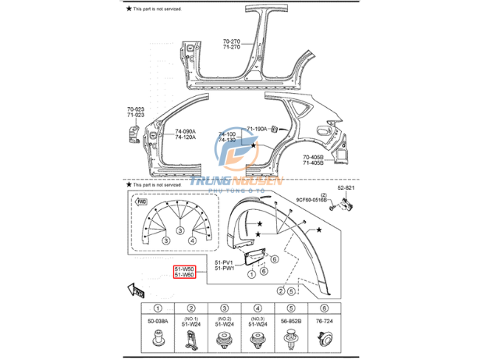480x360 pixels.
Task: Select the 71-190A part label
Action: pyautogui.click(x=257, y=129)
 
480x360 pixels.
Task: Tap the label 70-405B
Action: pyautogui.click(x=313, y=157)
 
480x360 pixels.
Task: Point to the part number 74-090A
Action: pyautogui.click(x=185, y=132)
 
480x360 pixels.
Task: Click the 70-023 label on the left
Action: pyautogui.click(x=135, y=109)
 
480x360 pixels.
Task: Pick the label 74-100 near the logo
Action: pyautogui.click(x=227, y=135)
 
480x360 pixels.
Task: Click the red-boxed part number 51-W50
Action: pyautogui.click(x=184, y=269)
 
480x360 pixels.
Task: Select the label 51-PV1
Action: pyautogui.click(x=224, y=262)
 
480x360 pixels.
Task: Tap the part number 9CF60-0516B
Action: pyautogui.click(x=311, y=200)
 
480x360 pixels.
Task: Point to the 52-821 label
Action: pyautogui.click(x=346, y=189)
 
